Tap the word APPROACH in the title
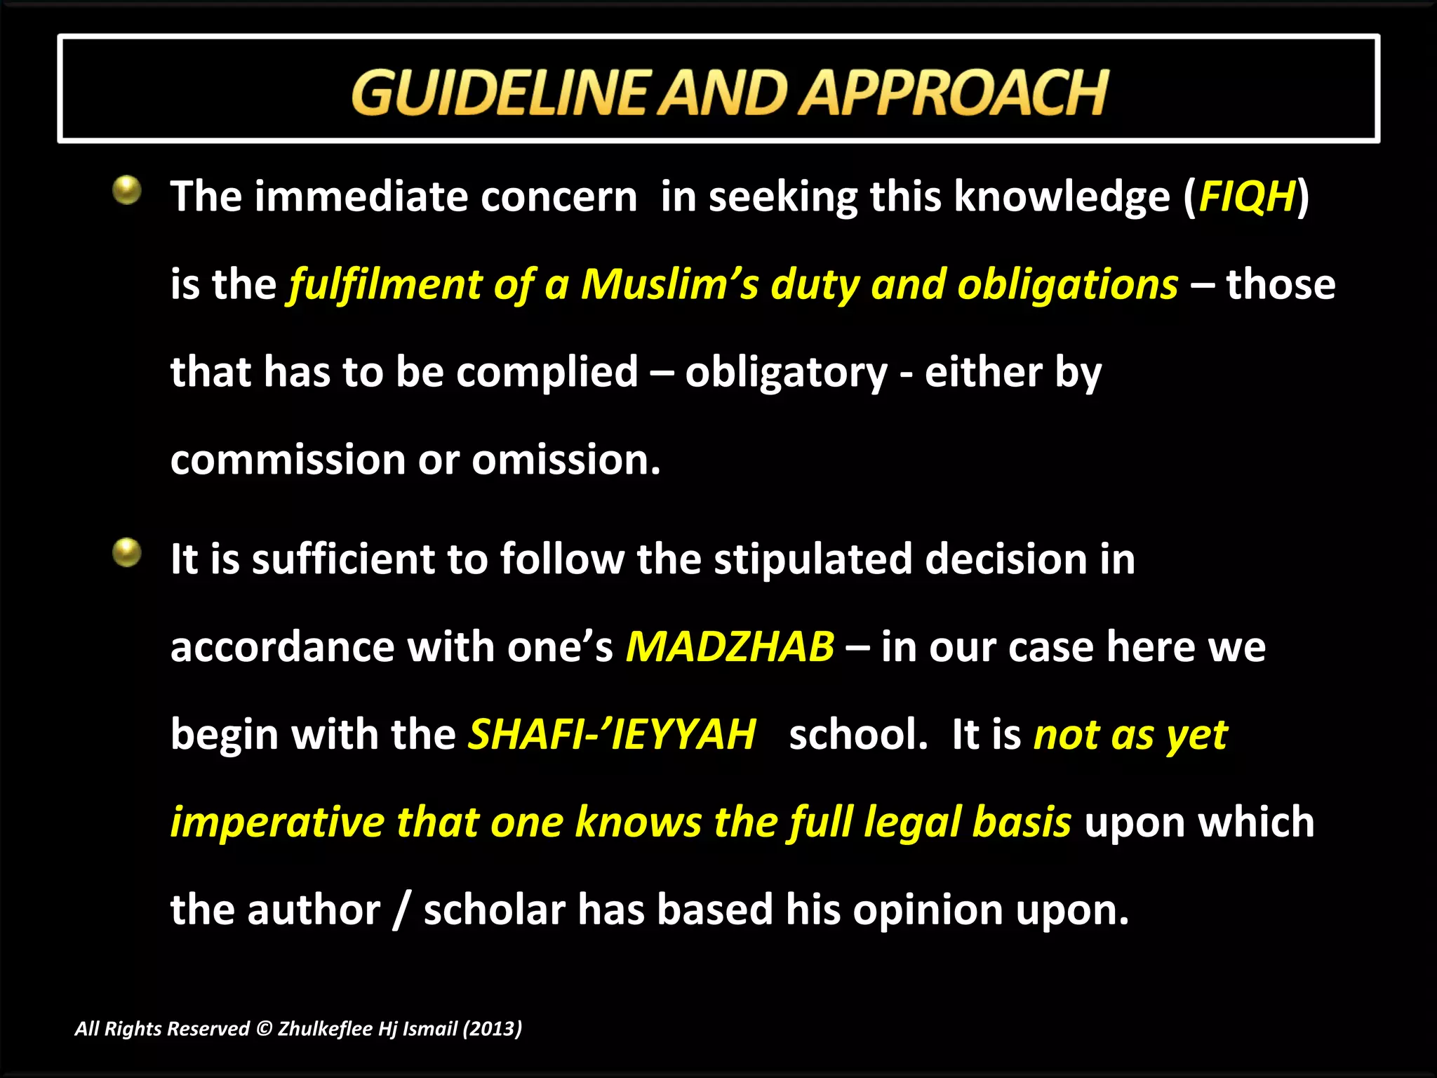click(955, 93)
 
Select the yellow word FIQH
click(1246, 197)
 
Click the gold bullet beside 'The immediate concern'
click(127, 190)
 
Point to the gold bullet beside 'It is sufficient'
click(127, 552)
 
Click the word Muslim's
click(669, 285)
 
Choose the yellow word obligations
click(1067, 285)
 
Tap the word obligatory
click(786, 373)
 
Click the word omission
click(566, 460)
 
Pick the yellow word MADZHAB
click(730, 647)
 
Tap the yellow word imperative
click(277, 823)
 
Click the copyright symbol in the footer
click(264, 1029)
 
